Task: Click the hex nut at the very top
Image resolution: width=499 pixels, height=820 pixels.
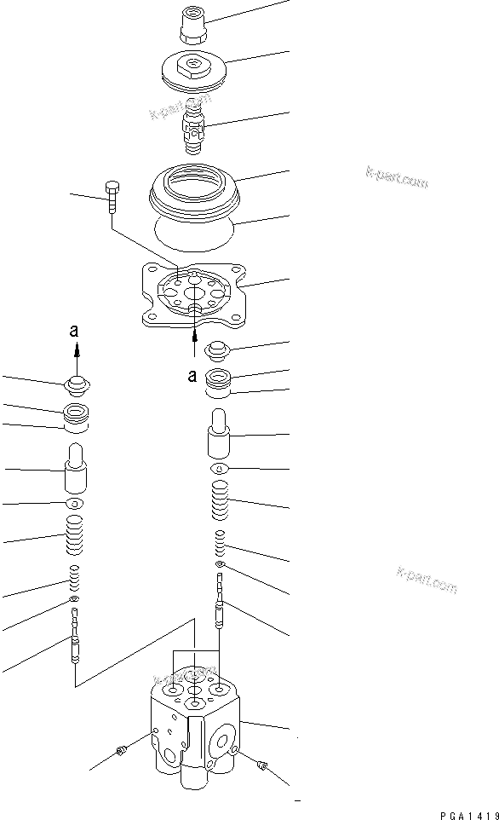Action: (x=192, y=25)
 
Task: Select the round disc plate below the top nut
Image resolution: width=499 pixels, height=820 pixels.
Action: (x=195, y=70)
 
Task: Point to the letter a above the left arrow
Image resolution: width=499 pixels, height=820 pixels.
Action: (x=76, y=332)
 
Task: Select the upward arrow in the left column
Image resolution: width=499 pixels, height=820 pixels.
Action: (x=76, y=349)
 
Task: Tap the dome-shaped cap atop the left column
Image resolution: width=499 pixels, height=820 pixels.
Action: (x=76, y=386)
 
